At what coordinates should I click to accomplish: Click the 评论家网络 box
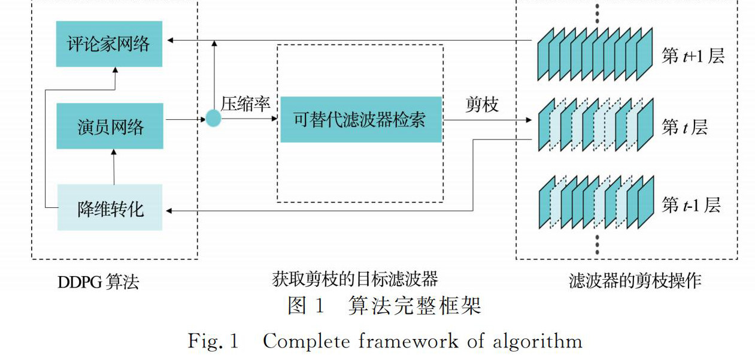point(108,44)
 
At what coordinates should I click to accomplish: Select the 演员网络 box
point(110,126)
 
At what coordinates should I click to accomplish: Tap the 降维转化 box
point(110,208)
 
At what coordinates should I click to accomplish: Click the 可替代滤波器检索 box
point(360,119)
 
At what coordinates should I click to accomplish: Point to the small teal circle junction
point(213,119)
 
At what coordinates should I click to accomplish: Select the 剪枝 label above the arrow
point(482,104)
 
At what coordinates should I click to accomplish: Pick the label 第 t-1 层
point(691,205)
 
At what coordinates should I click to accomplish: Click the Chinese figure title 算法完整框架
point(414,307)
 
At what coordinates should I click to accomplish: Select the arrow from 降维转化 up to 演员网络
point(113,167)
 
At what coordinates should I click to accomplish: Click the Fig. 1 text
point(213,341)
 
